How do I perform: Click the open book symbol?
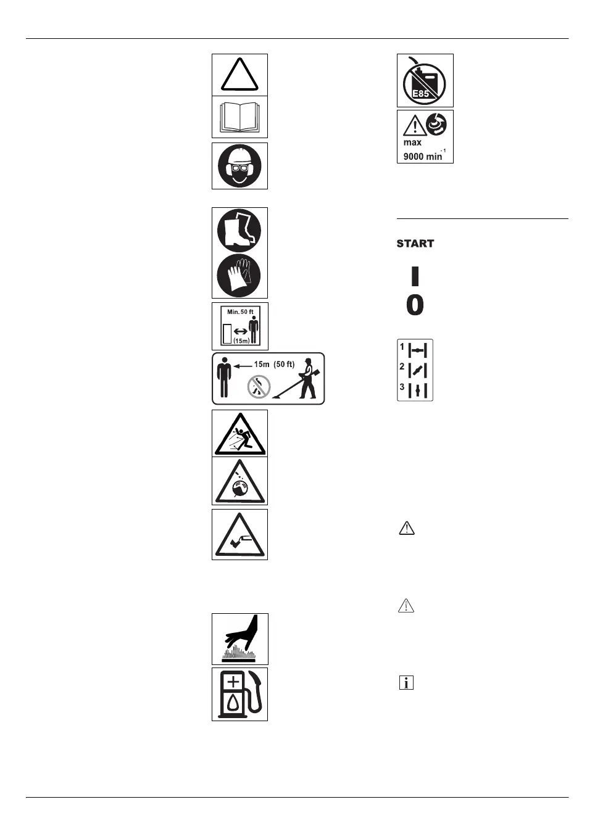[x=239, y=117]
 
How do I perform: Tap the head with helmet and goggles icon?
[x=239, y=166]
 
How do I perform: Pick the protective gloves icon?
[x=239, y=276]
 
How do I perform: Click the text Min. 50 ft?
[x=240, y=312]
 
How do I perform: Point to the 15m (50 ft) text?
[x=274, y=364]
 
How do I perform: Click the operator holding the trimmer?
[x=307, y=378]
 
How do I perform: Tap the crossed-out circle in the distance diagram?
[x=259, y=387]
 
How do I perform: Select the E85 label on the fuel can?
[x=421, y=94]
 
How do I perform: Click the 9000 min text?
[x=423, y=157]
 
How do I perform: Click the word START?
[x=415, y=244]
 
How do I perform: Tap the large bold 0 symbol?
[x=415, y=305]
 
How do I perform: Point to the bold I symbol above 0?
[x=415, y=275]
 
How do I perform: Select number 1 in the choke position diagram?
[x=402, y=347]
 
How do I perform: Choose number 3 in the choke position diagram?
[x=402, y=387]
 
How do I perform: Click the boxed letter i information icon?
[x=406, y=682]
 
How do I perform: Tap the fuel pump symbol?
[x=240, y=694]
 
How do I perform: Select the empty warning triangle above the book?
[x=239, y=75]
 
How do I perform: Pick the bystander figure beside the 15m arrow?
[x=224, y=377]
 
